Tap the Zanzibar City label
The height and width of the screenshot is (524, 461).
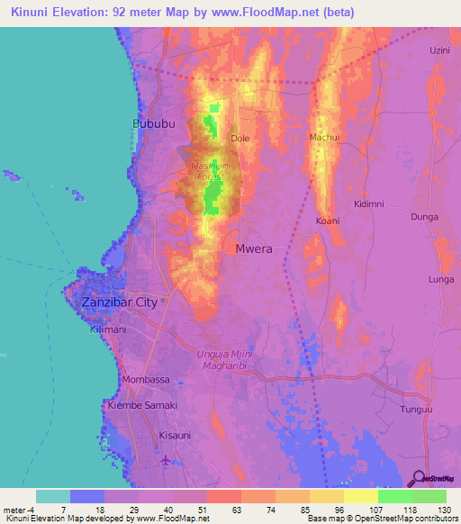[x=120, y=303]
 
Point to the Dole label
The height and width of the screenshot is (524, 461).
[x=240, y=139]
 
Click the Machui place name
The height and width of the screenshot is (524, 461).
[x=324, y=137]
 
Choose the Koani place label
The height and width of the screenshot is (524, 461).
[x=327, y=221]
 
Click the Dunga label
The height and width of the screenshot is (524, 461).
[x=424, y=217]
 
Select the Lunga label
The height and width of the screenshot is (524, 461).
[x=441, y=280]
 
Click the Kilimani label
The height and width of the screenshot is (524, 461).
[x=107, y=333]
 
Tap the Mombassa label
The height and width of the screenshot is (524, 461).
[x=146, y=380]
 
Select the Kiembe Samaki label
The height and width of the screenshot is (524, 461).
[x=143, y=406]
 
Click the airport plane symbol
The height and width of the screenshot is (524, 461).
[x=165, y=461]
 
